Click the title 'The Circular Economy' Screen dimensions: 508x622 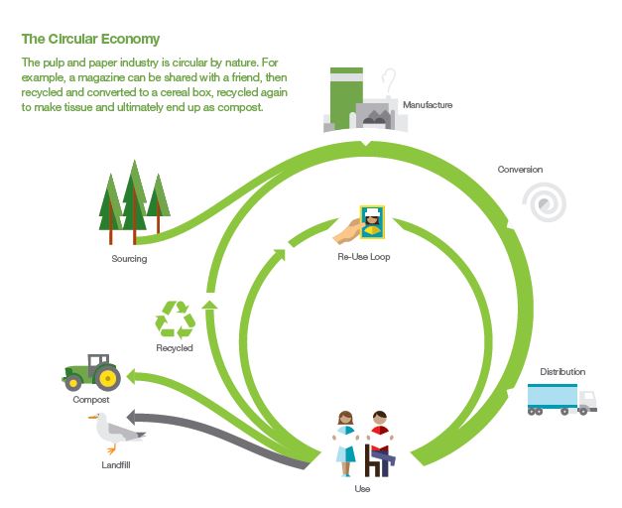point(90,40)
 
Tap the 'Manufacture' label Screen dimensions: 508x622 point(427,104)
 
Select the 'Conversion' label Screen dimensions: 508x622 point(520,170)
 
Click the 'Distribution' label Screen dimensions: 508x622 point(562,372)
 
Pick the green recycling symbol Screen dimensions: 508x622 point(176,320)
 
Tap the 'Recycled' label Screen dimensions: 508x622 point(175,348)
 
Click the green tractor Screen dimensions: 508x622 point(91,373)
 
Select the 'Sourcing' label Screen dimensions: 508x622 point(129,260)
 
